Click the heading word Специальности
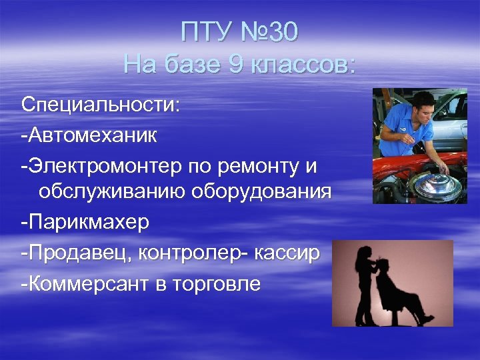click(100, 106)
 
